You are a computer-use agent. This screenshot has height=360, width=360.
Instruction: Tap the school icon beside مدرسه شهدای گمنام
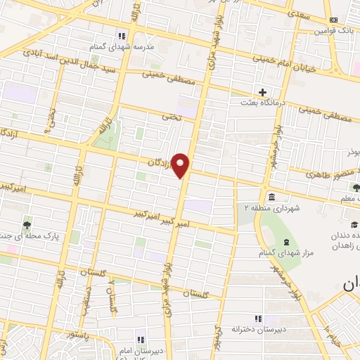pos(122,35)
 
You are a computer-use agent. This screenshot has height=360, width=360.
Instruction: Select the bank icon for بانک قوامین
pos(333,20)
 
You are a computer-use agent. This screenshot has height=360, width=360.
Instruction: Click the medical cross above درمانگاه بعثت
pos(263,92)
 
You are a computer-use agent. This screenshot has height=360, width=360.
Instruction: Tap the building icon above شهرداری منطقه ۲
pos(271,195)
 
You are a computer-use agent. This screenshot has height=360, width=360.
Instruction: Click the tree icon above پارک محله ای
pos(27,224)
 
